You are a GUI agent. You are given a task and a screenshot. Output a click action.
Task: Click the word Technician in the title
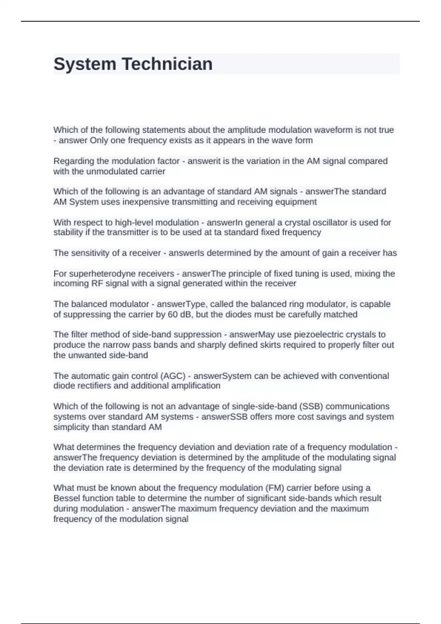point(167,64)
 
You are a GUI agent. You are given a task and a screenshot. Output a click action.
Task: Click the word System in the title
point(85,64)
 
